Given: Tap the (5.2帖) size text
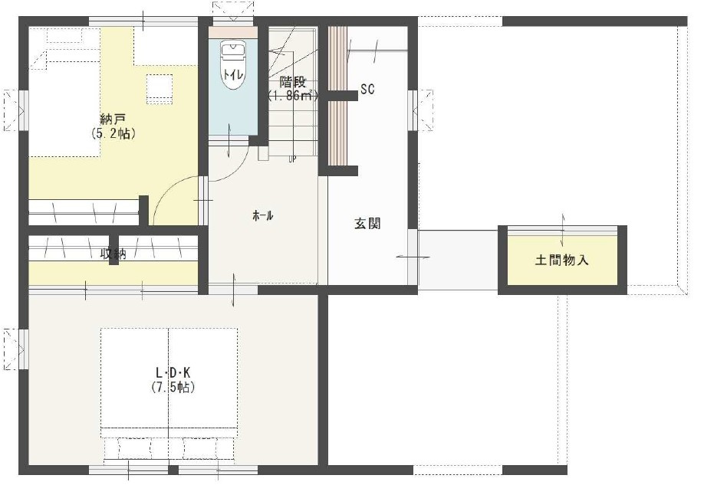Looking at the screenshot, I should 112,133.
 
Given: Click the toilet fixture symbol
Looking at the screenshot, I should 231,67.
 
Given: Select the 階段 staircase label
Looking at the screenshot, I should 292,82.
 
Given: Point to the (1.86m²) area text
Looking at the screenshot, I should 292,96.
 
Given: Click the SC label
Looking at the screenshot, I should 367,90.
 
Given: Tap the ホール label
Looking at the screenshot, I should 263,216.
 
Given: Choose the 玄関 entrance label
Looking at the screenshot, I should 367,224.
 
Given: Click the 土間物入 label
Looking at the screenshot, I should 561,261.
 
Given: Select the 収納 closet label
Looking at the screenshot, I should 113,254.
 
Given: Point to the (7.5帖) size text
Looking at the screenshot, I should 173,387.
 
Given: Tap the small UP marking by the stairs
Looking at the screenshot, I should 292,159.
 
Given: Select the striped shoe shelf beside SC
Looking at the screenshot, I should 337,96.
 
